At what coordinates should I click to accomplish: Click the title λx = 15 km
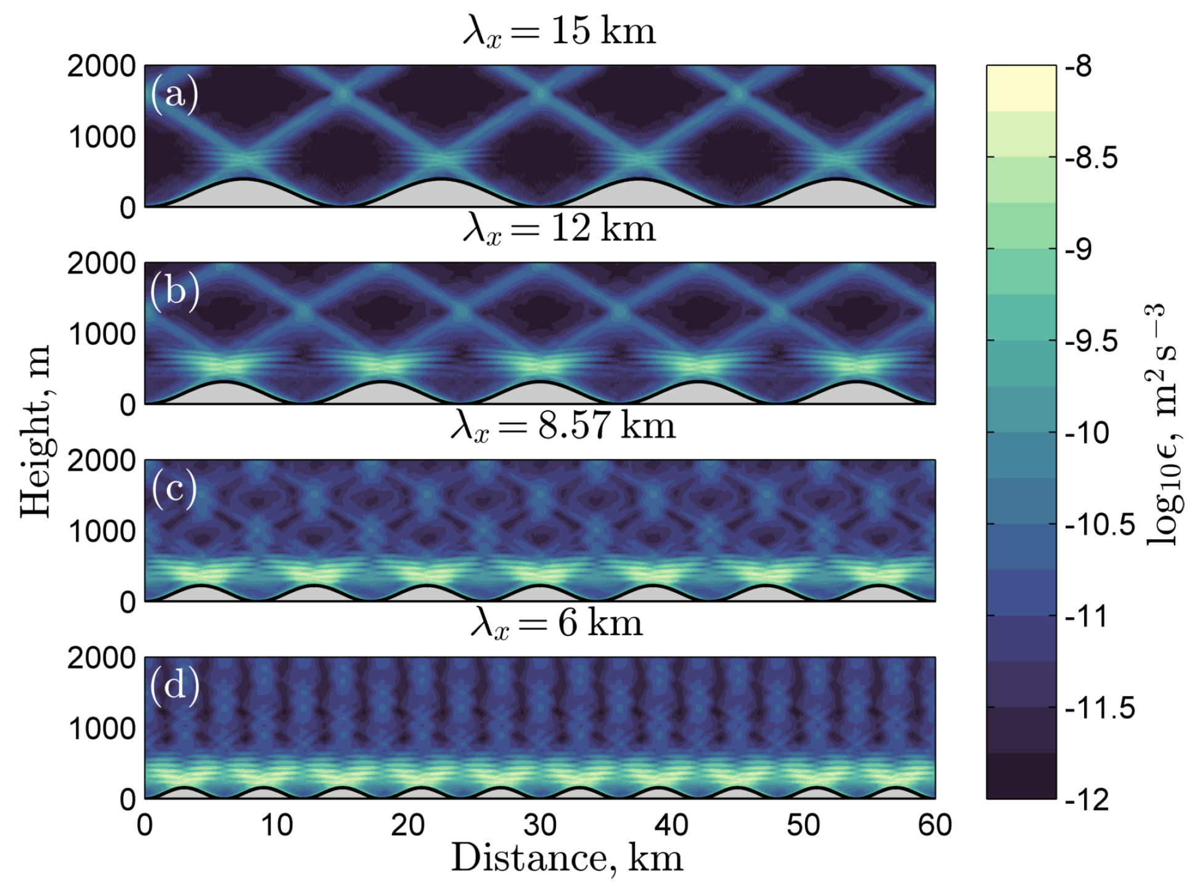[x=559, y=31]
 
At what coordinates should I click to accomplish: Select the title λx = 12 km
[x=559, y=229]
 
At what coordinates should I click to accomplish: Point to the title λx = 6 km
[x=557, y=623]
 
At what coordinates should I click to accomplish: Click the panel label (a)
[x=174, y=94]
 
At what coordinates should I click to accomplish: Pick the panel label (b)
[x=174, y=291]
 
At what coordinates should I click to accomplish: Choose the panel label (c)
[x=174, y=489]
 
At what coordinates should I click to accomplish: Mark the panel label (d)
[x=174, y=686]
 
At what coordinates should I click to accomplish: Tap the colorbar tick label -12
[x=1087, y=800]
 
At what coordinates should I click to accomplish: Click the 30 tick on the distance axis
[x=540, y=825]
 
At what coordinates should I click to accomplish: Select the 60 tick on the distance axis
[x=934, y=825]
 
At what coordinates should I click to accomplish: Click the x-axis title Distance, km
[x=567, y=858]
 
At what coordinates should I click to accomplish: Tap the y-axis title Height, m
[x=35, y=431]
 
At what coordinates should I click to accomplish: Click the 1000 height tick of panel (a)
[x=102, y=137]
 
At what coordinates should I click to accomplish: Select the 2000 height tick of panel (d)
[x=102, y=658]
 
